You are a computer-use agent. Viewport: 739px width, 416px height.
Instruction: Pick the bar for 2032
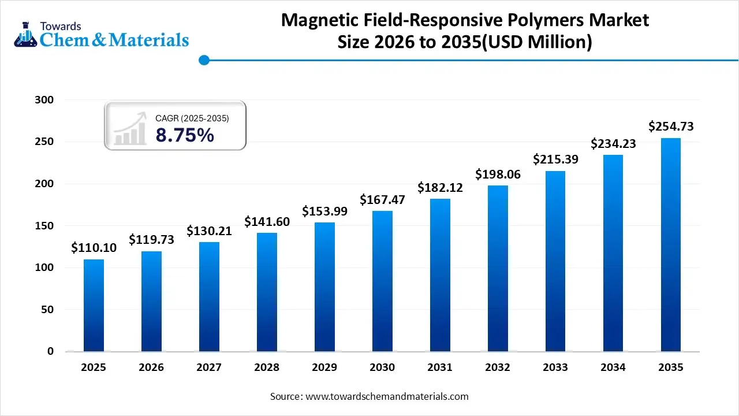(498, 268)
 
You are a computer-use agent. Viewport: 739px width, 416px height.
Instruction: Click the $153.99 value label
(324, 211)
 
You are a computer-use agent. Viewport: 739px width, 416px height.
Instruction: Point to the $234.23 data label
(613, 144)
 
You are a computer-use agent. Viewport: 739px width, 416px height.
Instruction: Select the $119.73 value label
(151, 239)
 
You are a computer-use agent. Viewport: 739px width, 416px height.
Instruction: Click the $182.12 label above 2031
(440, 188)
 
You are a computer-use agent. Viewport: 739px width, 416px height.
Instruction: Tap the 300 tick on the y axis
(44, 100)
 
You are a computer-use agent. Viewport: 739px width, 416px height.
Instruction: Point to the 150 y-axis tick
(44, 226)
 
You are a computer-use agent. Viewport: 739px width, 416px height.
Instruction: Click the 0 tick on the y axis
(50, 351)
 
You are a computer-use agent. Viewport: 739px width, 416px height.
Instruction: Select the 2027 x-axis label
(209, 367)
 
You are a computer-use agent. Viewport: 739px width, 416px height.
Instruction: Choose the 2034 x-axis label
(613, 367)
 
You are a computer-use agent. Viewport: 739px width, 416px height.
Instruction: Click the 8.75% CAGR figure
(185, 135)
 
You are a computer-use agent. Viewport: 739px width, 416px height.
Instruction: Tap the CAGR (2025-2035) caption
(192, 118)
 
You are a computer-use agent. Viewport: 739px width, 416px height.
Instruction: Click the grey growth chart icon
(130, 129)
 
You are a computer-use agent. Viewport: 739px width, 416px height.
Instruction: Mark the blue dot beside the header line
(204, 60)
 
